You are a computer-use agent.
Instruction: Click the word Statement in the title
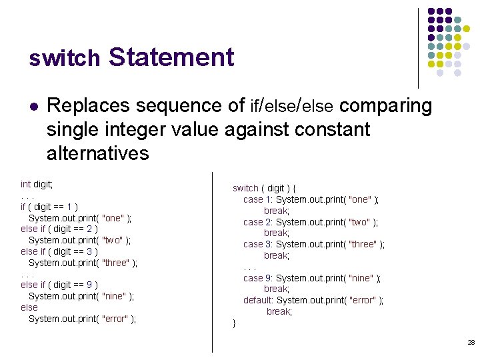(171, 57)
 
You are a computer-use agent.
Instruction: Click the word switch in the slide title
(64, 59)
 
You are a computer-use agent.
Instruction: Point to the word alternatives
(97, 153)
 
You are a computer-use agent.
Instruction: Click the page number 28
(471, 342)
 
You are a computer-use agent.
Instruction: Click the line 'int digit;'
(37, 184)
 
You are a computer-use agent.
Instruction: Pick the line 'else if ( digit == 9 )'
(59, 285)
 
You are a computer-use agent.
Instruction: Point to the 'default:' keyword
(258, 301)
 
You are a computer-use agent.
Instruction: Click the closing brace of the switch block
(234, 323)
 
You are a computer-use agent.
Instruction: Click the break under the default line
(279, 312)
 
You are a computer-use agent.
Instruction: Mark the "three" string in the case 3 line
(363, 245)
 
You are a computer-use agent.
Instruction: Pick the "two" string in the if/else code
(113, 241)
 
